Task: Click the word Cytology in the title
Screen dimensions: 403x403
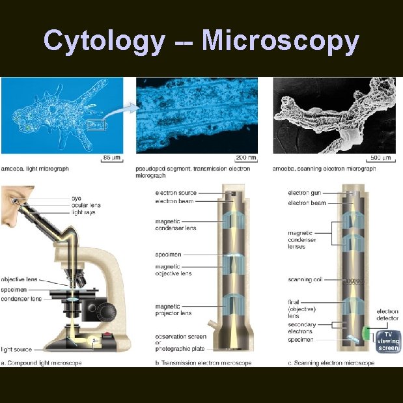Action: coord(104,41)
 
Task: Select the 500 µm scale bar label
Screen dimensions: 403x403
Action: coord(380,158)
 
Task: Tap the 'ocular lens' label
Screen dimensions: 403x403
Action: coord(85,205)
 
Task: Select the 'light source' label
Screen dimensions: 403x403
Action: coord(16,350)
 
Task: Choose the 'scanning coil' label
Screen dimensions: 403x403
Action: coord(305,280)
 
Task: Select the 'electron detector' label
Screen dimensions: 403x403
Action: coord(388,314)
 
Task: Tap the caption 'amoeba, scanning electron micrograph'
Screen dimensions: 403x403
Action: coord(323,169)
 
